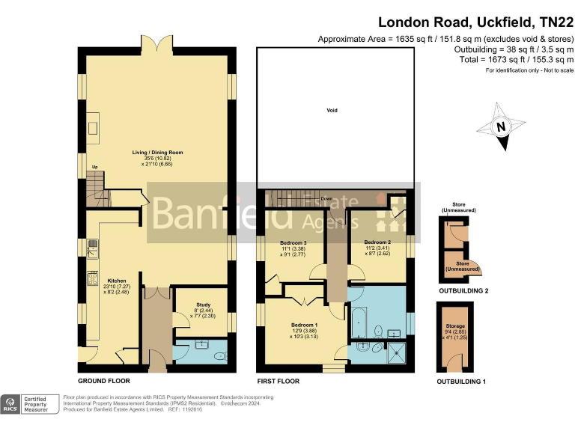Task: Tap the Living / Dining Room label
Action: tap(157, 153)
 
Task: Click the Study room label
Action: tap(201, 304)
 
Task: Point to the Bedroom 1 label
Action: tap(306, 325)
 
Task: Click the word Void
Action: tap(332, 111)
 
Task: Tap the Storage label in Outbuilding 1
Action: tap(456, 326)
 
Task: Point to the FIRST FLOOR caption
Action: tap(279, 381)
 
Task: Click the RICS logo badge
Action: tap(11, 404)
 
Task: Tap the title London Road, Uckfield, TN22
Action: tap(472, 23)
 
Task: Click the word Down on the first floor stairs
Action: tap(326, 199)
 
